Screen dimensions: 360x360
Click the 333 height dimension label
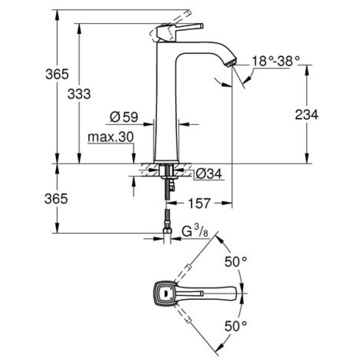click(79, 94)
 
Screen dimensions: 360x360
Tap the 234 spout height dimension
click(307, 115)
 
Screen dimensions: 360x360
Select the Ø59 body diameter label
click(123, 117)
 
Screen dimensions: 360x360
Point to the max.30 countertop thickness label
click(111, 137)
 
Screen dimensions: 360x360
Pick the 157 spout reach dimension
click(200, 204)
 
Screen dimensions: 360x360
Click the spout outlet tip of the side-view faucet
click(230, 63)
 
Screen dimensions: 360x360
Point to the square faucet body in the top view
click(166, 295)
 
